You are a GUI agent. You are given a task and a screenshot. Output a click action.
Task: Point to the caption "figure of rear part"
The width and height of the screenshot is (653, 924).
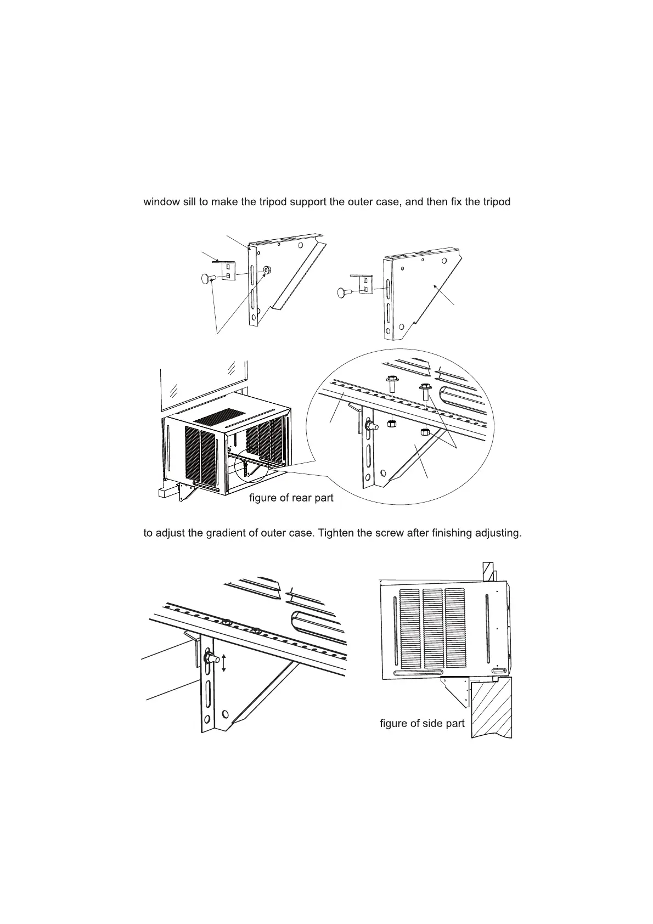[x=291, y=498]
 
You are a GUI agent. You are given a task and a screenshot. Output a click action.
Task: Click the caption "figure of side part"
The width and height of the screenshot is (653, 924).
[x=422, y=723]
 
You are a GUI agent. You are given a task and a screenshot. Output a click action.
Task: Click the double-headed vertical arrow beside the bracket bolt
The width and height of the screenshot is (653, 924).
[x=224, y=663]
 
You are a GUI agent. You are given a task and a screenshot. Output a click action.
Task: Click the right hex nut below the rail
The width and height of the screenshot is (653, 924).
[x=424, y=432]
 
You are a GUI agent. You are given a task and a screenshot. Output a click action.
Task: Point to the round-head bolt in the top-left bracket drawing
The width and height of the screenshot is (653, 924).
[x=207, y=278]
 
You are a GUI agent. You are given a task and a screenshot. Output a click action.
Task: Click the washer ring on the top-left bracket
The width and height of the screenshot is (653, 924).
[x=267, y=270]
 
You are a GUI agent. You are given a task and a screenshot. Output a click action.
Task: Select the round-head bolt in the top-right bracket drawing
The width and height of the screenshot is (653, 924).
[x=345, y=292]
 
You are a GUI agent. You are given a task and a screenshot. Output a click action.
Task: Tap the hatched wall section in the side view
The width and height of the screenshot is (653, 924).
[x=492, y=708]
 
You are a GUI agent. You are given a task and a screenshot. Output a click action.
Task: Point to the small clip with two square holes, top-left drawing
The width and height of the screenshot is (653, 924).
[x=228, y=270]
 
